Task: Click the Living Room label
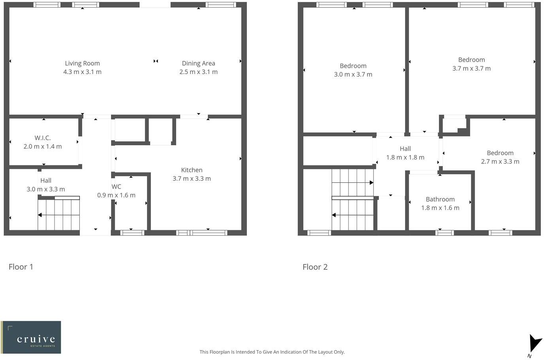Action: click(x=82, y=63)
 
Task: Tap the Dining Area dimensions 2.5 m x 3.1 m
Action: click(x=198, y=72)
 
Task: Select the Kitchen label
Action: click(x=192, y=170)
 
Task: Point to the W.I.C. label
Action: click(x=42, y=138)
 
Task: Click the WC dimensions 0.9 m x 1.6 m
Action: click(x=116, y=195)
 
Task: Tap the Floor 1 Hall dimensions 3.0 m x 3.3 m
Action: click(x=46, y=189)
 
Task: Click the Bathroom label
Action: click(x=440, y=199)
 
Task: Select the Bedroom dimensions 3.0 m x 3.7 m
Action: click(x=353, y=74)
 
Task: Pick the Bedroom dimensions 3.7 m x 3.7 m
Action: click(x=471, y=68)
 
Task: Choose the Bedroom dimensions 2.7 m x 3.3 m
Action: click(x=500, y=161)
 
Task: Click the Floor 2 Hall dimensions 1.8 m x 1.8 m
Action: click(x=405, y=157)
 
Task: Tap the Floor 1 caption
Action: click(x=21, y=267)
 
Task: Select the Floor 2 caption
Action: click(x=315, y=267)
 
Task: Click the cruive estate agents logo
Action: click(x=31, y=337)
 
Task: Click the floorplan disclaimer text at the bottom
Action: click(x=272, y=352)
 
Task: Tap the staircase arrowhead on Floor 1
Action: click(x=40, y=215)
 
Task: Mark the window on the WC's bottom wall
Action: click(x=132, y=233)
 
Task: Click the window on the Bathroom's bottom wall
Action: click(x=444, y=233)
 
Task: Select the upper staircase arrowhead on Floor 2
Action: click(x=371, y=183)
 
